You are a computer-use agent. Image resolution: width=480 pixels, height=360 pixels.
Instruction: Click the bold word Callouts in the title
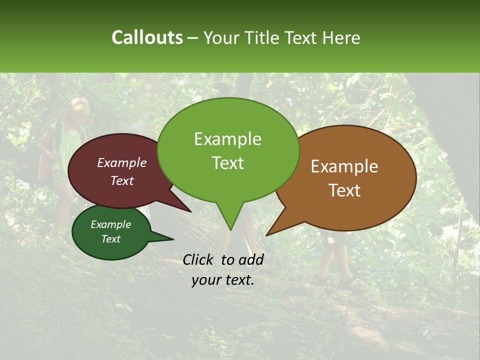point(147,37)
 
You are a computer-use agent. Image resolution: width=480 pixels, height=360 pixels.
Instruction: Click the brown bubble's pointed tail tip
point(266,235)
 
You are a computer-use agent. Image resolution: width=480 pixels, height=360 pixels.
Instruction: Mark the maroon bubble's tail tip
point(191,212)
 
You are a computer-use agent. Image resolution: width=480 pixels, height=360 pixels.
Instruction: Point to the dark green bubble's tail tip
point(173,239)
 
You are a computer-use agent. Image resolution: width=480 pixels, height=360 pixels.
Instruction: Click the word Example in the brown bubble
point(344,166)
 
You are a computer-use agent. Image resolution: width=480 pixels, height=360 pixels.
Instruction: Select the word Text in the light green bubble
point(228,163)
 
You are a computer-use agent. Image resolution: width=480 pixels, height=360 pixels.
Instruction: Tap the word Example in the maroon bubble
point(121,162)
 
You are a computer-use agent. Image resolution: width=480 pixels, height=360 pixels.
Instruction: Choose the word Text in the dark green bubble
point(110,239)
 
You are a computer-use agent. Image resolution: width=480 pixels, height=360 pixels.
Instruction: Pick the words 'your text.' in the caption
point(223,280)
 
